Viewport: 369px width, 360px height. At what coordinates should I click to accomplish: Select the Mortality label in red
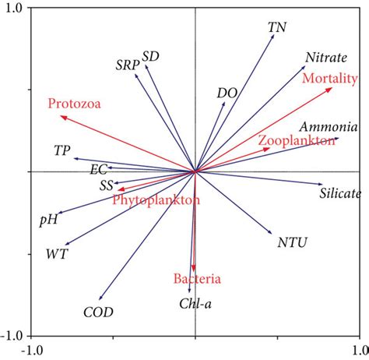point(329,79)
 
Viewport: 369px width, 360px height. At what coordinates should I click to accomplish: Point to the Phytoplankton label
point(156,200)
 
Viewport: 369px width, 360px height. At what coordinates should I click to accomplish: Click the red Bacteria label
point(197,279)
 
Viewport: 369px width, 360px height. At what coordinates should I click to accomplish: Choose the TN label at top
point(276,27)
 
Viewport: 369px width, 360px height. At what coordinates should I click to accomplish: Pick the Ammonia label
point(328,127)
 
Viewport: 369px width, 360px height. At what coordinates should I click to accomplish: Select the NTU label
point(292,242)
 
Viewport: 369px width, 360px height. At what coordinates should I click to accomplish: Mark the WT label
point(57,254)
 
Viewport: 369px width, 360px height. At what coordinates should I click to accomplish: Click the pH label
point(48,220)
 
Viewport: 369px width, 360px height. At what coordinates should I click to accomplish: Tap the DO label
point(227,93)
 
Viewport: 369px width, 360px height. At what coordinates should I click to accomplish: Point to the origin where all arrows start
point(195,171)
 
